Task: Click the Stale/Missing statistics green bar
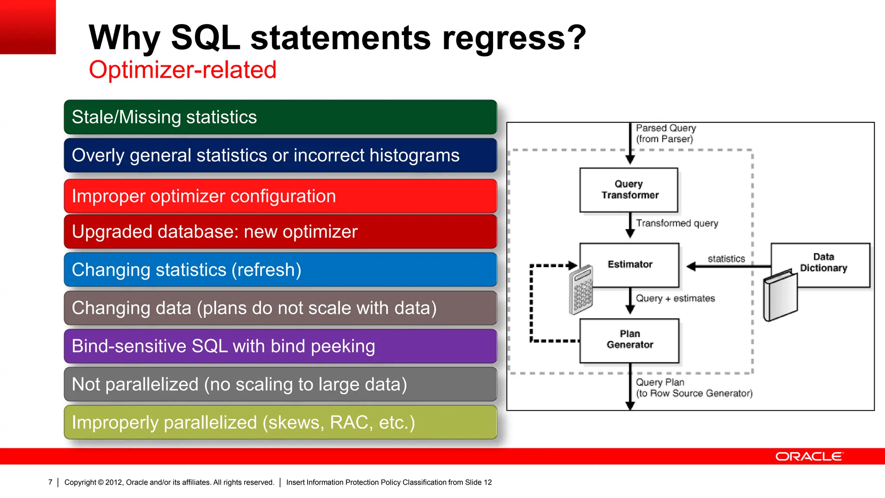pyautogui.click(x=280, y=117)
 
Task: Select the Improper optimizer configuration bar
pyautogui.click(x=280, y=196)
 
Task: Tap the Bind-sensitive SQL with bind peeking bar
pyautogui.click(x=280, y=346)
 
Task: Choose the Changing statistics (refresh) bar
pyautogui.click(x=280, y=270)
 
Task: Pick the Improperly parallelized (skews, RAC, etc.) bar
pyautogui.click(x=280, y=422)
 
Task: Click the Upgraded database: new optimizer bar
pyautogui.click(x=280, y=232)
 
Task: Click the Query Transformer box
pyautogui.click(x=629, y=190)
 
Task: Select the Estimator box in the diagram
pyautogui.click(x=630, y=264)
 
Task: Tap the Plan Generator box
pyautogui.click(x=630, y=340)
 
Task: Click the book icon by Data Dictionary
pyautogui.click(x=780, y=296)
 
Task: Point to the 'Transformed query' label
pyautogui.click(x=677, y=223)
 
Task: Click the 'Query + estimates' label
pyautogui.click(x=675, y=298)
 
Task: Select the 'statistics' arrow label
pyautogui.click(x=726, y=259)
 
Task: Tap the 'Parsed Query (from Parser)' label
pyautogui.click(x=665, y=134)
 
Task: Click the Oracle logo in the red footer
pyautogui.click(x=809, y=456)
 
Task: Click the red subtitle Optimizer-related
pyautogui.click(x=182, y=70)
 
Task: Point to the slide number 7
pyautogui.click(x=50, y=482)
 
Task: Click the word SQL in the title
pyautogui.click(x=205, y=38)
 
